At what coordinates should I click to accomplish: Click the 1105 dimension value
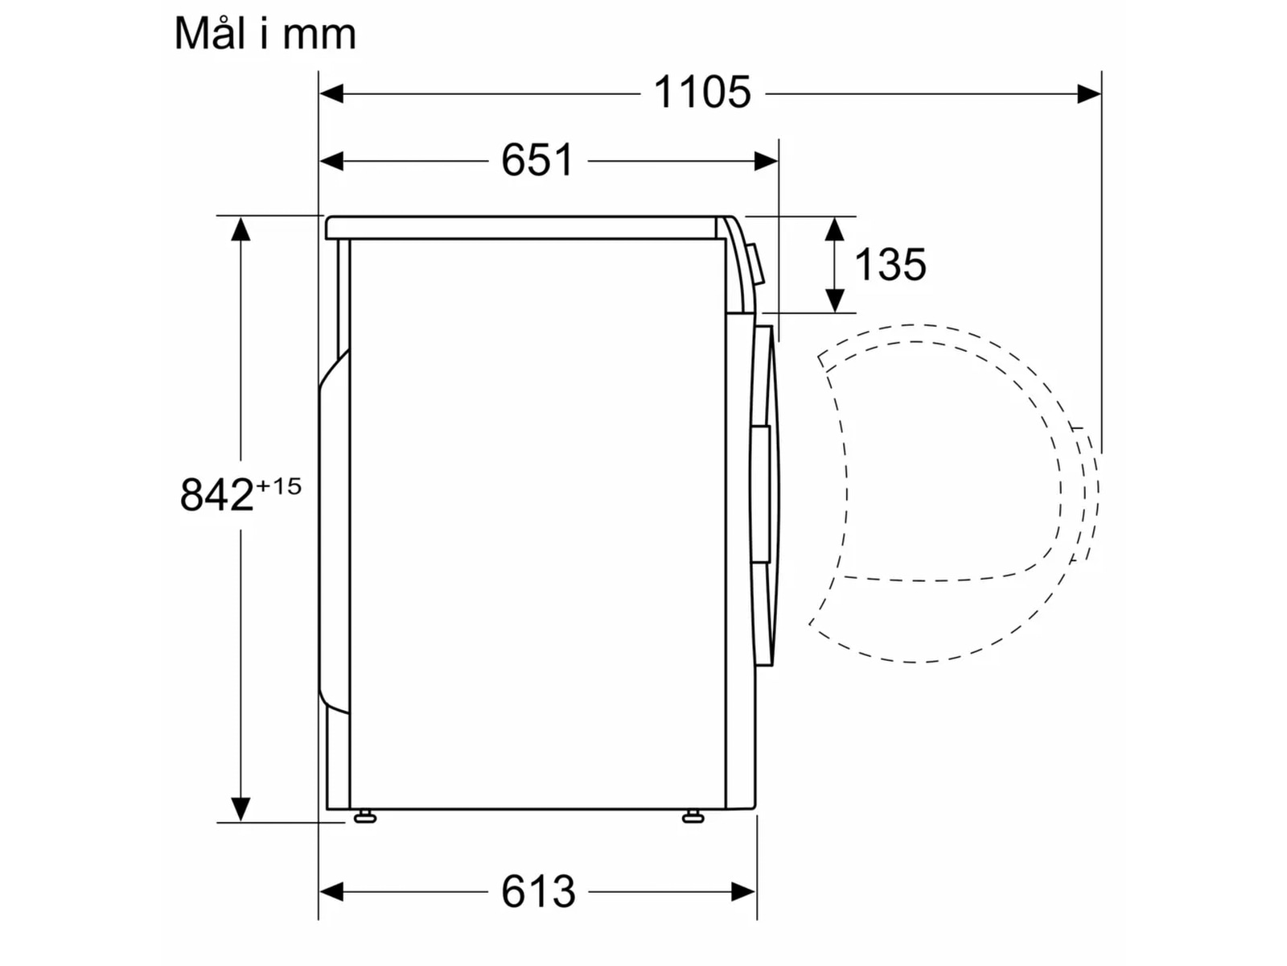(x=701, y=92)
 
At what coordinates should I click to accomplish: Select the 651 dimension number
(x=537, y=159)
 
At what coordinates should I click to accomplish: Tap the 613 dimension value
(x=538, y=892)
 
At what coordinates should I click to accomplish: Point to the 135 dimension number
(x=890, y=264)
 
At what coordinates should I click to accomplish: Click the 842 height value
(x=216, y=495)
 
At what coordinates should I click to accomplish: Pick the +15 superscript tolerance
(x=278, y=486)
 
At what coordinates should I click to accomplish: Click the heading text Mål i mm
(x=265, y=34)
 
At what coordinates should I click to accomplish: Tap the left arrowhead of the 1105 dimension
(x=331, y=93)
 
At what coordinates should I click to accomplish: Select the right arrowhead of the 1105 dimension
(x=1089, y=93)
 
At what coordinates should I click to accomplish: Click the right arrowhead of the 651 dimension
(x=766, y=161)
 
